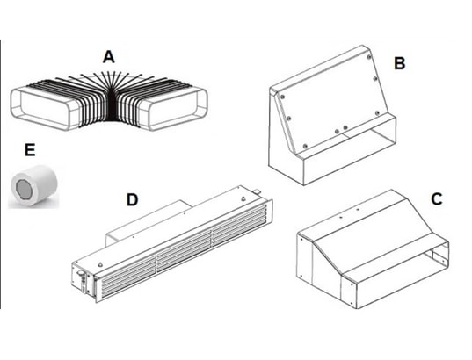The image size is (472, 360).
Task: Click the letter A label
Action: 109,57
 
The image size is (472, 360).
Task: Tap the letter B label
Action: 399,63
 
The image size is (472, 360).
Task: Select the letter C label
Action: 437,198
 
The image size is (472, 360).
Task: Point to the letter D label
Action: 132,200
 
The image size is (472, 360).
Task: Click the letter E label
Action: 30,150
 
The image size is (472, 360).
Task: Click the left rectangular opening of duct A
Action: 43,109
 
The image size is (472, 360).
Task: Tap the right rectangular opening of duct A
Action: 176,108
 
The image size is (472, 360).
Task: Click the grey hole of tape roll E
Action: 23,189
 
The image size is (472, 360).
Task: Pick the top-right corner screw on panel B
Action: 369,57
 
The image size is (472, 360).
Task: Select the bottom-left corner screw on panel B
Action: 305,146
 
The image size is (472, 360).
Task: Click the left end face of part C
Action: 304,259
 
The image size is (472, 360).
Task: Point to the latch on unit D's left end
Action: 80,276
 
